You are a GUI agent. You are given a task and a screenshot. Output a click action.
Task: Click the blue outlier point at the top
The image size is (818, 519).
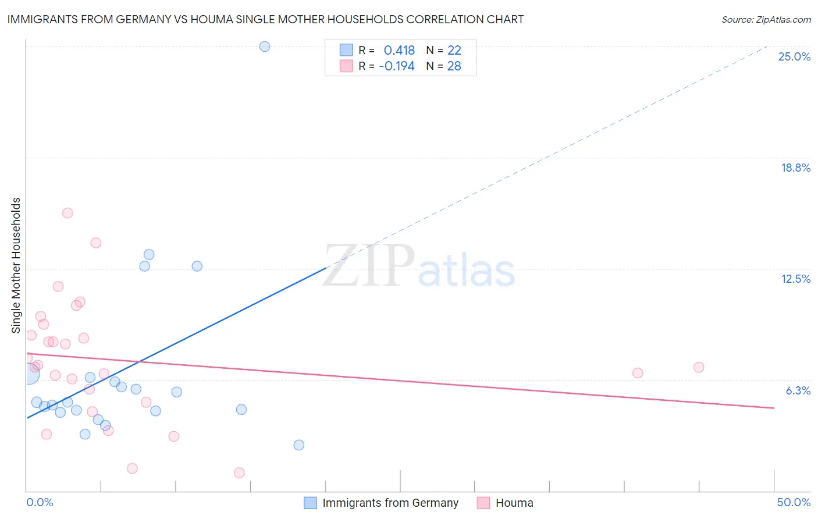(265, 47)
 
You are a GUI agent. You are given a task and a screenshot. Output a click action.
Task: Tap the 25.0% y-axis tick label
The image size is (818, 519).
(794, 56)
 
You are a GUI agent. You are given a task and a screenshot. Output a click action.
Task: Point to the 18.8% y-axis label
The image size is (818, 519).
(795, 168)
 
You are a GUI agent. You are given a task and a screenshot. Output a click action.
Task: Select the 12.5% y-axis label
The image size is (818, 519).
(795, 279)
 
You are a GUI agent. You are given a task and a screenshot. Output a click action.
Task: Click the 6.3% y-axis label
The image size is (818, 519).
(798, 390)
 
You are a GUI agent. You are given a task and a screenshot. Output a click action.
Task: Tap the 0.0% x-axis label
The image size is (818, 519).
(40, 502)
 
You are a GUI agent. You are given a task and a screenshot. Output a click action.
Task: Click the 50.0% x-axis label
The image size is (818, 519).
(794, 502)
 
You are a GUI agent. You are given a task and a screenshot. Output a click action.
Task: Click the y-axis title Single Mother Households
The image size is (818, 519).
(16, 265)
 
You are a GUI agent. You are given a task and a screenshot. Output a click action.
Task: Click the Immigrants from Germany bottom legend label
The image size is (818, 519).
(390, 503)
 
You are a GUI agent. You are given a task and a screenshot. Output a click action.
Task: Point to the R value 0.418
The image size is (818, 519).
(399, 51)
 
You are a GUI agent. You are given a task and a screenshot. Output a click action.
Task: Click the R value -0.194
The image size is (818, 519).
(397, 66)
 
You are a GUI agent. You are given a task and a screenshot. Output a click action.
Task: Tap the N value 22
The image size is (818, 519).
(454, 51)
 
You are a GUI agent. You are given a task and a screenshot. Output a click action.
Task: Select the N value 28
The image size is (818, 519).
(454, 66)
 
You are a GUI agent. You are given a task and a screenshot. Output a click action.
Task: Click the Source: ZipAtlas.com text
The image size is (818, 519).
(766, 20)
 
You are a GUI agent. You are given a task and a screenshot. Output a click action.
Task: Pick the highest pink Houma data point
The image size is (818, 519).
(67, 213)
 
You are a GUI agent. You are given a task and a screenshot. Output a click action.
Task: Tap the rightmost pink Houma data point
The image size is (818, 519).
(699, 367)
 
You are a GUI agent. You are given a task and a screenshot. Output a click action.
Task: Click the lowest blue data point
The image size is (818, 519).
(299, 445)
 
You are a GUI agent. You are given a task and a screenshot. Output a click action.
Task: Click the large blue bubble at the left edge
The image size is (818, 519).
(29, 374)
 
